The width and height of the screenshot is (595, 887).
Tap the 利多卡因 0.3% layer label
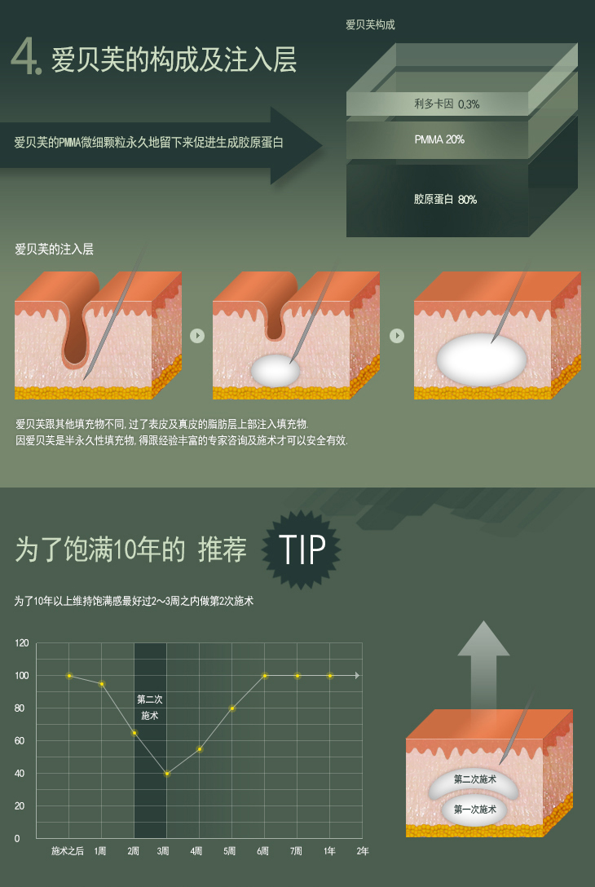[x=447, y=104]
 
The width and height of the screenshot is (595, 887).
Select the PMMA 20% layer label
[x=439, y=139]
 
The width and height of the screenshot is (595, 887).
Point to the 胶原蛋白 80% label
[x=445, y=199]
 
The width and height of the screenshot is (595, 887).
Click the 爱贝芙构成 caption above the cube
[x=371, y=24]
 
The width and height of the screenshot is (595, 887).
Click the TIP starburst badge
[x=301, y=549]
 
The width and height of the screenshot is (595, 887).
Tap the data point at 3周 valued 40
[x=167, y=774]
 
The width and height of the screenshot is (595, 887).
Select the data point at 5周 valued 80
[x=232, y=708]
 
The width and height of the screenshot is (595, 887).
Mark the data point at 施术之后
[x=69, y=675]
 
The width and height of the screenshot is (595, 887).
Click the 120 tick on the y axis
[x=21, y=643]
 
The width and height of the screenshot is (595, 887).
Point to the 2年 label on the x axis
[x=363, y=851]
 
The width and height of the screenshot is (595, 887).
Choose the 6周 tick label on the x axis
[x=263, y=851]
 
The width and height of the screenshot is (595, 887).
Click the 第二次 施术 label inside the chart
[x=150, y=708]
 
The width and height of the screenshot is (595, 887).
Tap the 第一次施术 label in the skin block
[x=475, y=810]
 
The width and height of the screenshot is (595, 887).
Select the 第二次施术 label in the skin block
[x=475, y=779]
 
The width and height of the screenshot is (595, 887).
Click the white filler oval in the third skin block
[x=482, y=360]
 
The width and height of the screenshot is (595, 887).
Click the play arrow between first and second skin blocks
[x=196, y=335]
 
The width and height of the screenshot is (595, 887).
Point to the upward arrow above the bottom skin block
[x=483, y=664]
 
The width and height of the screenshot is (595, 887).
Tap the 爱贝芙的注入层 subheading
[x=55, y=249]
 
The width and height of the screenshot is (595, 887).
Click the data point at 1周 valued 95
[x=102, y=684]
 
